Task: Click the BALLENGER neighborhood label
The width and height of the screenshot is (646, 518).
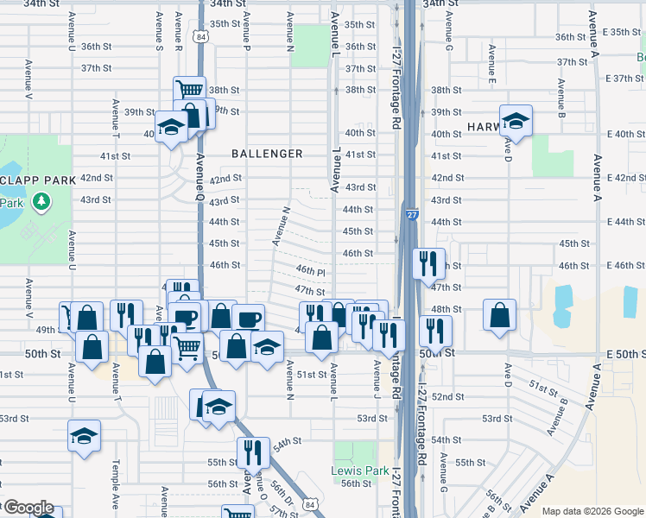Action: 267,154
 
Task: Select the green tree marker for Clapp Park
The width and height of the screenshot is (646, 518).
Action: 40,201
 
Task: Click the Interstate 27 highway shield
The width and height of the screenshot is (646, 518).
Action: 410,212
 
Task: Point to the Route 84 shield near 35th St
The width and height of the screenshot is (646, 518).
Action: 200,37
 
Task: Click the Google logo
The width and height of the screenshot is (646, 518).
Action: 28,508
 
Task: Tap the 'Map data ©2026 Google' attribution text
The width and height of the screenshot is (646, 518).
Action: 592,511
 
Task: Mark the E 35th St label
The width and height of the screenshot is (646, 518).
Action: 622,32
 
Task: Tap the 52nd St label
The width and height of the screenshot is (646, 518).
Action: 448,396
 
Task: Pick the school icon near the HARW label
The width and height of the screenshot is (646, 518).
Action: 516,122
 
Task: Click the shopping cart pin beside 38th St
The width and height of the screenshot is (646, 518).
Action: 189,90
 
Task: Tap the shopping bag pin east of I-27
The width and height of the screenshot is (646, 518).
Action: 500,315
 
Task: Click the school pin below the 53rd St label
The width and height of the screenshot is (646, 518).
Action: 85,436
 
